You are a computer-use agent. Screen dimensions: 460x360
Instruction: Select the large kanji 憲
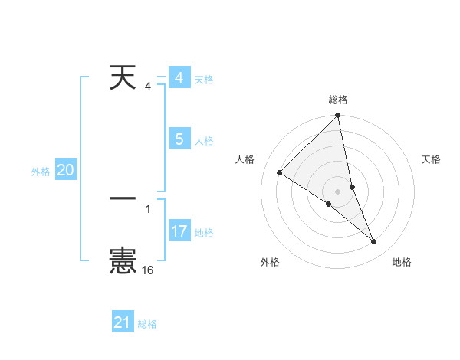[123, 260]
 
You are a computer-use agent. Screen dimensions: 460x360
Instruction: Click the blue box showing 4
[179, 78]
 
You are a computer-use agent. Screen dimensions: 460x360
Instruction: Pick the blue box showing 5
[179, 139]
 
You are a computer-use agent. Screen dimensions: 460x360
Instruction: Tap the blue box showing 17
[179, 231]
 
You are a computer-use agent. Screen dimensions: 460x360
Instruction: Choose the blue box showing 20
[65, 171]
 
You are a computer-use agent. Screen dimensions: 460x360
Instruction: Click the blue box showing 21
[123, 322]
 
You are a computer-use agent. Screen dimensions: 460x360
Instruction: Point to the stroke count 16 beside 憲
[148, 270]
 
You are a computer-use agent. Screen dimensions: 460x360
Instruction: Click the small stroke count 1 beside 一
[148, 208]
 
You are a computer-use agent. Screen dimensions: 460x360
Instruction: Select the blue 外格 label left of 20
[41, 172]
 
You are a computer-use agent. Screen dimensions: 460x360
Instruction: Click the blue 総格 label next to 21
[147, 324]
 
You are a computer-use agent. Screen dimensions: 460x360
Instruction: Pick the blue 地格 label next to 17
[204, 233]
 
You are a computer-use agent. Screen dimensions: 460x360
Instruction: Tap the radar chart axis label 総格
[338, 100]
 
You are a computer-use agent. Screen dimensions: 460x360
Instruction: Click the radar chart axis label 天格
[432, 159]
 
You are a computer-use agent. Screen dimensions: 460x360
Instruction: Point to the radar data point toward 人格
[280, 173]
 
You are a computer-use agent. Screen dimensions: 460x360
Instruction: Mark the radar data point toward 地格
[374, 242]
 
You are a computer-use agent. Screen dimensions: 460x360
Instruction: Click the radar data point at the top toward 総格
[338, 116]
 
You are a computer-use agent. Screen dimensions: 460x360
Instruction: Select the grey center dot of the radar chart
[338, 191]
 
